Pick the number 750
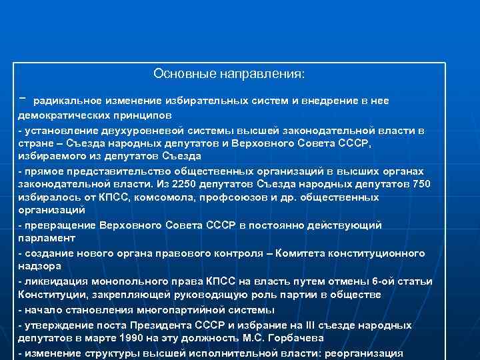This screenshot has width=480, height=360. coord(421,184)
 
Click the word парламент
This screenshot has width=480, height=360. coord(47,238)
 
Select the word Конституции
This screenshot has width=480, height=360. coord(51,295)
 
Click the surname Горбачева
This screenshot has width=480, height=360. coord(291,339)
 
